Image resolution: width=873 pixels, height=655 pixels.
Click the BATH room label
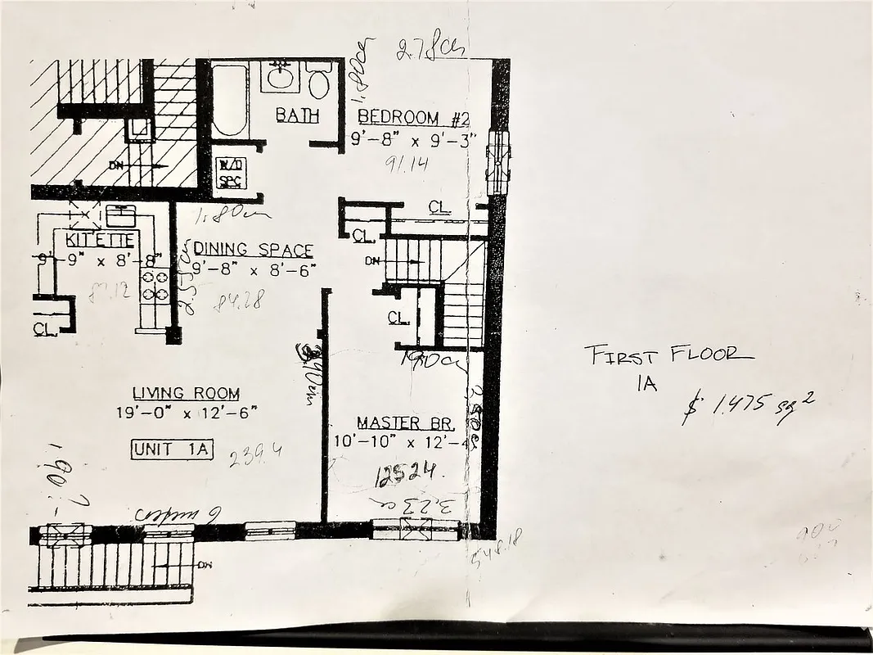[297, 115]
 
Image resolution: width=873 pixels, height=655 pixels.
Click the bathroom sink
[281, 78]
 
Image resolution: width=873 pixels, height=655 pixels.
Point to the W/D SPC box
[227, 172]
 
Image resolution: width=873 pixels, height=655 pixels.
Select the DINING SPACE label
[253, 250]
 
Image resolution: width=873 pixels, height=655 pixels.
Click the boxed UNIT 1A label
[172, 449]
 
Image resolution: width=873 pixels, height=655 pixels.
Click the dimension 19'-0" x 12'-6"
[187, 413]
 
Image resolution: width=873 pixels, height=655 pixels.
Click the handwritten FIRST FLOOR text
[668, 355]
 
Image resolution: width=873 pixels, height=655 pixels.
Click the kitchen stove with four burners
[154, 287]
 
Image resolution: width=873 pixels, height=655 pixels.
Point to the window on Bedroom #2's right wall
[497, 161]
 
